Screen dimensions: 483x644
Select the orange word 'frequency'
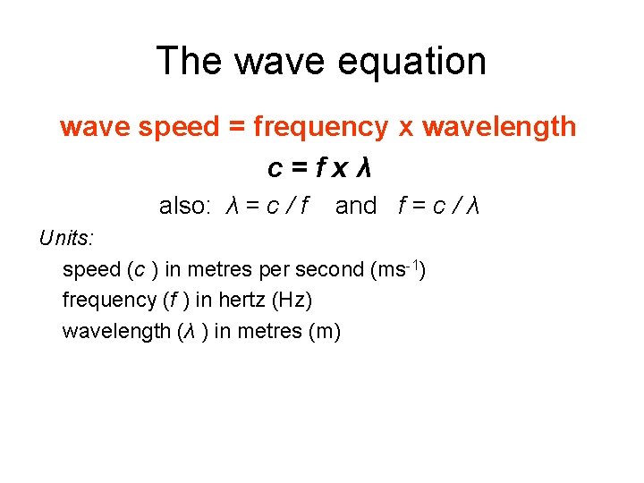tap(320, 128)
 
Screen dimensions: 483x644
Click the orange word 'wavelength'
tap(499, 128)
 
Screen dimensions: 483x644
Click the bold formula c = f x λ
tap(320, 168)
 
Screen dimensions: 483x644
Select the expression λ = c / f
tap(267, 207)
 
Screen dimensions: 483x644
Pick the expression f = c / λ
tap(439, 207)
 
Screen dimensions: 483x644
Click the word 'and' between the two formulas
tap(356, 207)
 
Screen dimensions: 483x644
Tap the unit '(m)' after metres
tap(324, 331)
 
